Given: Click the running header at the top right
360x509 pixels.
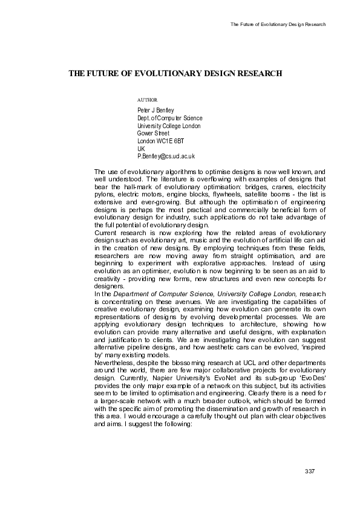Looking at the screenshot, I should pyautogui.click(x=278, y=24).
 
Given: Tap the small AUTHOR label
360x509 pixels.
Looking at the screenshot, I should pyautogui.click(x=148, y=99).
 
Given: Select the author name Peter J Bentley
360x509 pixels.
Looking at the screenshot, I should pyautogui.click(x=156, y=110).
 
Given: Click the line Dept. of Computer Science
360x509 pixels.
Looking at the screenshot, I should pyautogui.click(x=170, y=118).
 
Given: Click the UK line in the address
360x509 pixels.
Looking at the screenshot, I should pyautogui.click(x=142, y=148).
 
